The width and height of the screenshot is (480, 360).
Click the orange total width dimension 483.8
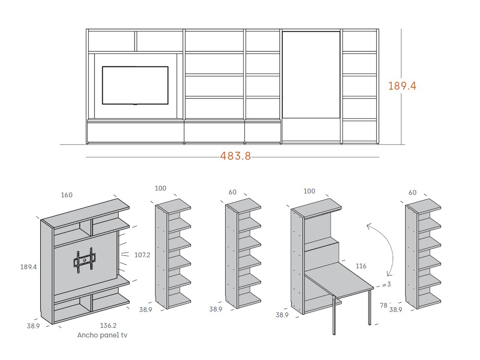click(235, 156)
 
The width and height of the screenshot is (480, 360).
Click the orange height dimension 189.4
click(402, 86)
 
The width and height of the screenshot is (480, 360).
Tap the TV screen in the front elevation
click(135, 85)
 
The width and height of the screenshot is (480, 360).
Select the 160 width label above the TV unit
click(67, 195)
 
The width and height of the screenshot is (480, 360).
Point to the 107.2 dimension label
click(143, 255)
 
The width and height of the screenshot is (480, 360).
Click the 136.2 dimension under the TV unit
click(108, 325)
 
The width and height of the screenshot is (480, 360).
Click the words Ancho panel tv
click(102, 335)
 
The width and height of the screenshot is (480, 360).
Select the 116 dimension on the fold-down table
click(362, 265)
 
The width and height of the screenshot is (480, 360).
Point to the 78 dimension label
click(384, 305)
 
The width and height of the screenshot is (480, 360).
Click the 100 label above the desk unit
click(310, 191)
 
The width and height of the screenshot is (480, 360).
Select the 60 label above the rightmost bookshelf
click(413, 192)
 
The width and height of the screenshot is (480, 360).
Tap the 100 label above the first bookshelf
click(160, 188)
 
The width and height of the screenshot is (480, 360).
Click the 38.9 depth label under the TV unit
click(34, 326)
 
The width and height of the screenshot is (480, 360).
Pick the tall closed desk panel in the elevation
click(311, 74)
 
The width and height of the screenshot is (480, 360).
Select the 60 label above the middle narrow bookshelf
click(233, 192)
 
